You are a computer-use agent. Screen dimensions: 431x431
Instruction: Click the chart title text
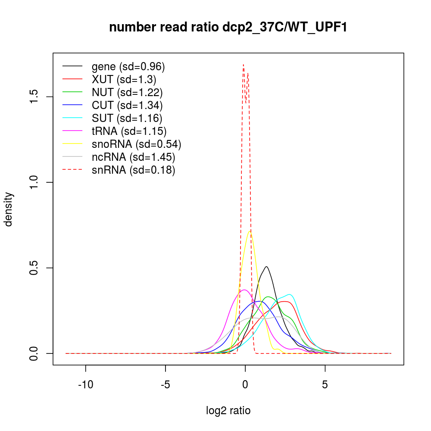click(228, 27)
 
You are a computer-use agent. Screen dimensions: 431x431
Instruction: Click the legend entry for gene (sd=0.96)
click(128, 67)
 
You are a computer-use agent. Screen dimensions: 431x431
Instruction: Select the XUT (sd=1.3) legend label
click(124, 80)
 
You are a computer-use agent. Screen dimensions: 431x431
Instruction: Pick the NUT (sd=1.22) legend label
click(127, 93)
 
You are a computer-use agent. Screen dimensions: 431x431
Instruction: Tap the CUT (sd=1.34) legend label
click(127, 106)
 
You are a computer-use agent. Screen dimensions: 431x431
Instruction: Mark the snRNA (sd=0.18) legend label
click(133, 170)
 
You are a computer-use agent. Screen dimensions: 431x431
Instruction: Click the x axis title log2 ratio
click(228, 411)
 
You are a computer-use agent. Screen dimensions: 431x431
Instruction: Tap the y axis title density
click(9, 209)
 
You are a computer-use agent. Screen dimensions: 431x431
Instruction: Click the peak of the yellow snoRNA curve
click(250, 231)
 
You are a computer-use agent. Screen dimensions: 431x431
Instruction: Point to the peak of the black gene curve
click(267, 266)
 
